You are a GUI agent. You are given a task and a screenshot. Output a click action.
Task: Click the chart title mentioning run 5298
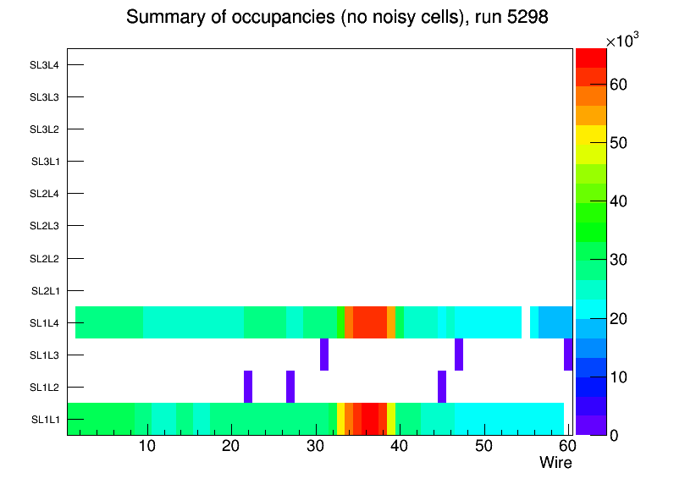pos(337,18)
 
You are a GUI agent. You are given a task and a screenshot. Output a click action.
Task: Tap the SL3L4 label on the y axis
pos(44,65)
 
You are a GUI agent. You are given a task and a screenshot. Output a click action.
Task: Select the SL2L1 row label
pos(45,291)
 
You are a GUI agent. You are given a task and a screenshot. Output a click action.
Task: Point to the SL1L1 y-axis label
pos(45,420)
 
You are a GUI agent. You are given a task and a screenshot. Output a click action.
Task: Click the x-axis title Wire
pos(555,463)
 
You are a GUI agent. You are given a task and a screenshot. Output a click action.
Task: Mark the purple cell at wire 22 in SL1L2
pos(248,387)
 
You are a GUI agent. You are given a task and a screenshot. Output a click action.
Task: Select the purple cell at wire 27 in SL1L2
pos(290,387)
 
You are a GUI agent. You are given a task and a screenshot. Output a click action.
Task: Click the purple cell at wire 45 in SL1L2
pos(442,387)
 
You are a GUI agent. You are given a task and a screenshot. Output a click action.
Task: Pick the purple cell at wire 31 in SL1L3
pos(324,355)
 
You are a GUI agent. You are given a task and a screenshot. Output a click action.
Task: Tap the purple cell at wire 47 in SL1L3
pos(459,355)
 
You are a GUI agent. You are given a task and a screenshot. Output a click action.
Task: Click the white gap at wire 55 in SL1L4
pos(526,322)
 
